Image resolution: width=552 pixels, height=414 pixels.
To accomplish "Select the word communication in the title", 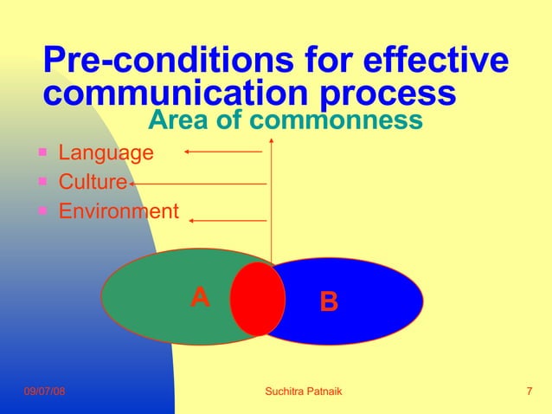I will (x=172, y=93).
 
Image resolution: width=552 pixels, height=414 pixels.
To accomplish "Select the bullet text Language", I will (x=106, y=153).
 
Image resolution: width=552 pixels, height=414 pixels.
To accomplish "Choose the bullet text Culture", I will (x=93, y=183).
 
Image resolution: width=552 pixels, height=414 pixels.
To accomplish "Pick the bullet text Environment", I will (x=119, y=211).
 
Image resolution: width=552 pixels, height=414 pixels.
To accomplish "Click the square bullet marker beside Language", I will (x=42, y=152).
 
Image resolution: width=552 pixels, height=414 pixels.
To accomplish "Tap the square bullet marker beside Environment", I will (x=42, y=210).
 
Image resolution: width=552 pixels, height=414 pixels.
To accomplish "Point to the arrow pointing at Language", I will (x=222, y=152).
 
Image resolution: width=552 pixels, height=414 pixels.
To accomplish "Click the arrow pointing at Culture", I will (x=197, y=184).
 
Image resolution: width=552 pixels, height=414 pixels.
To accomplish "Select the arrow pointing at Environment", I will (x=228, y=221).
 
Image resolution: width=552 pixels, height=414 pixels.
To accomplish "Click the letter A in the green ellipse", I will (x=200, y=298).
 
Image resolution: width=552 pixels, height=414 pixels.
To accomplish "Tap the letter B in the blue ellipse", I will (x=329, y=302).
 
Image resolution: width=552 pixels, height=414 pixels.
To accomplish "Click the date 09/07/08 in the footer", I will (x=44, y=392).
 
